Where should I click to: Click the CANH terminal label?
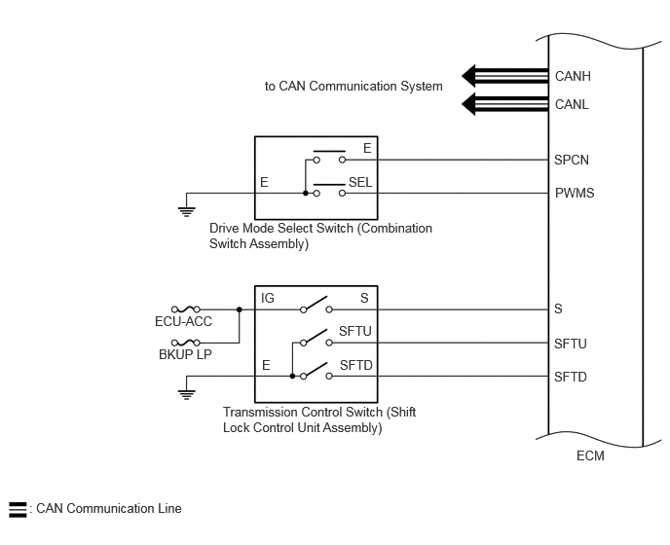[573, 77]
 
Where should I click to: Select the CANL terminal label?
[572, 105]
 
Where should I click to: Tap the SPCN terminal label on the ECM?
[572, 161]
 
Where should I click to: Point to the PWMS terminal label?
[575, 193]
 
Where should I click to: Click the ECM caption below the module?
[590, 456]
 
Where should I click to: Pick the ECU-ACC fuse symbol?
[185, 309]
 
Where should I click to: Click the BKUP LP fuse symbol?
[185, 343]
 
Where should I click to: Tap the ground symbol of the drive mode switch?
[187, 212]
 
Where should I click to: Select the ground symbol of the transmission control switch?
[187, 395]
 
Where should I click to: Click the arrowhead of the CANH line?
[468, 77]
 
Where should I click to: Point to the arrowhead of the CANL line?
[468, 104]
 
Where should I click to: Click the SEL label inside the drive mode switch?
[360, 183]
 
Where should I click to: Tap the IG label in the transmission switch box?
[268, 298]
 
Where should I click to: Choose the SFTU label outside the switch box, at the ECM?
[570, 344]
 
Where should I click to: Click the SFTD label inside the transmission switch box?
[356, 366]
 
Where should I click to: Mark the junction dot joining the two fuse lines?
[240, 309]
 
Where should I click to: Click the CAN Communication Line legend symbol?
[18, 510]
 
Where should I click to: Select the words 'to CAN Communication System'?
[354, 87]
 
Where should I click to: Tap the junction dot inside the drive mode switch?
[305, 193]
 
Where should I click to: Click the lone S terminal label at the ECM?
[558, 309]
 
